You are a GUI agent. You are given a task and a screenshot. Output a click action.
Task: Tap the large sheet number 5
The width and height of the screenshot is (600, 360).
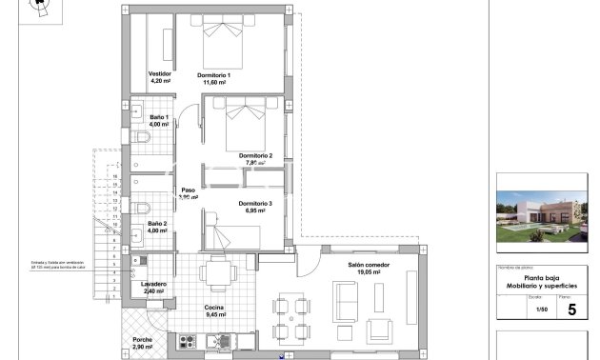[571, 310]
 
